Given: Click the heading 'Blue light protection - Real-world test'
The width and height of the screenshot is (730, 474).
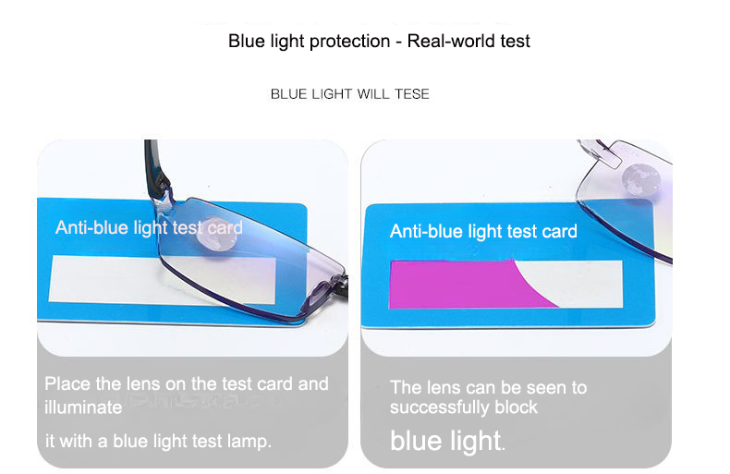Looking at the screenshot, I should coord(379,42).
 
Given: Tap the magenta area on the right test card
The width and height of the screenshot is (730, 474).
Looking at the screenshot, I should coord(462,284).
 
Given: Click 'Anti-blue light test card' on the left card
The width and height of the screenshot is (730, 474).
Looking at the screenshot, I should coord(149,227).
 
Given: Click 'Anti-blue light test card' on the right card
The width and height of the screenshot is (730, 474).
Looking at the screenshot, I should coord(483,231).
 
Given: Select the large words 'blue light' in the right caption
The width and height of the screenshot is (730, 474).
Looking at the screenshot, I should coord(444,441).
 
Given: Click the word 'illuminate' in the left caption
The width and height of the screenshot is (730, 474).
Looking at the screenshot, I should coord(83,407).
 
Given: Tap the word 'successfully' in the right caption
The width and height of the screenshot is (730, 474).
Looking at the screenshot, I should coord(439,407).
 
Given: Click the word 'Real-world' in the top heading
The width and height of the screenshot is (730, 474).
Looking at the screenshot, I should coord(444,42).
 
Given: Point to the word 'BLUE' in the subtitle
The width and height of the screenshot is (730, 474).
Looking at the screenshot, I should coord(287,93).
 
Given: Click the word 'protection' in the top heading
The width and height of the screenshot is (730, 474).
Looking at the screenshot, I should coord(354,42).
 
